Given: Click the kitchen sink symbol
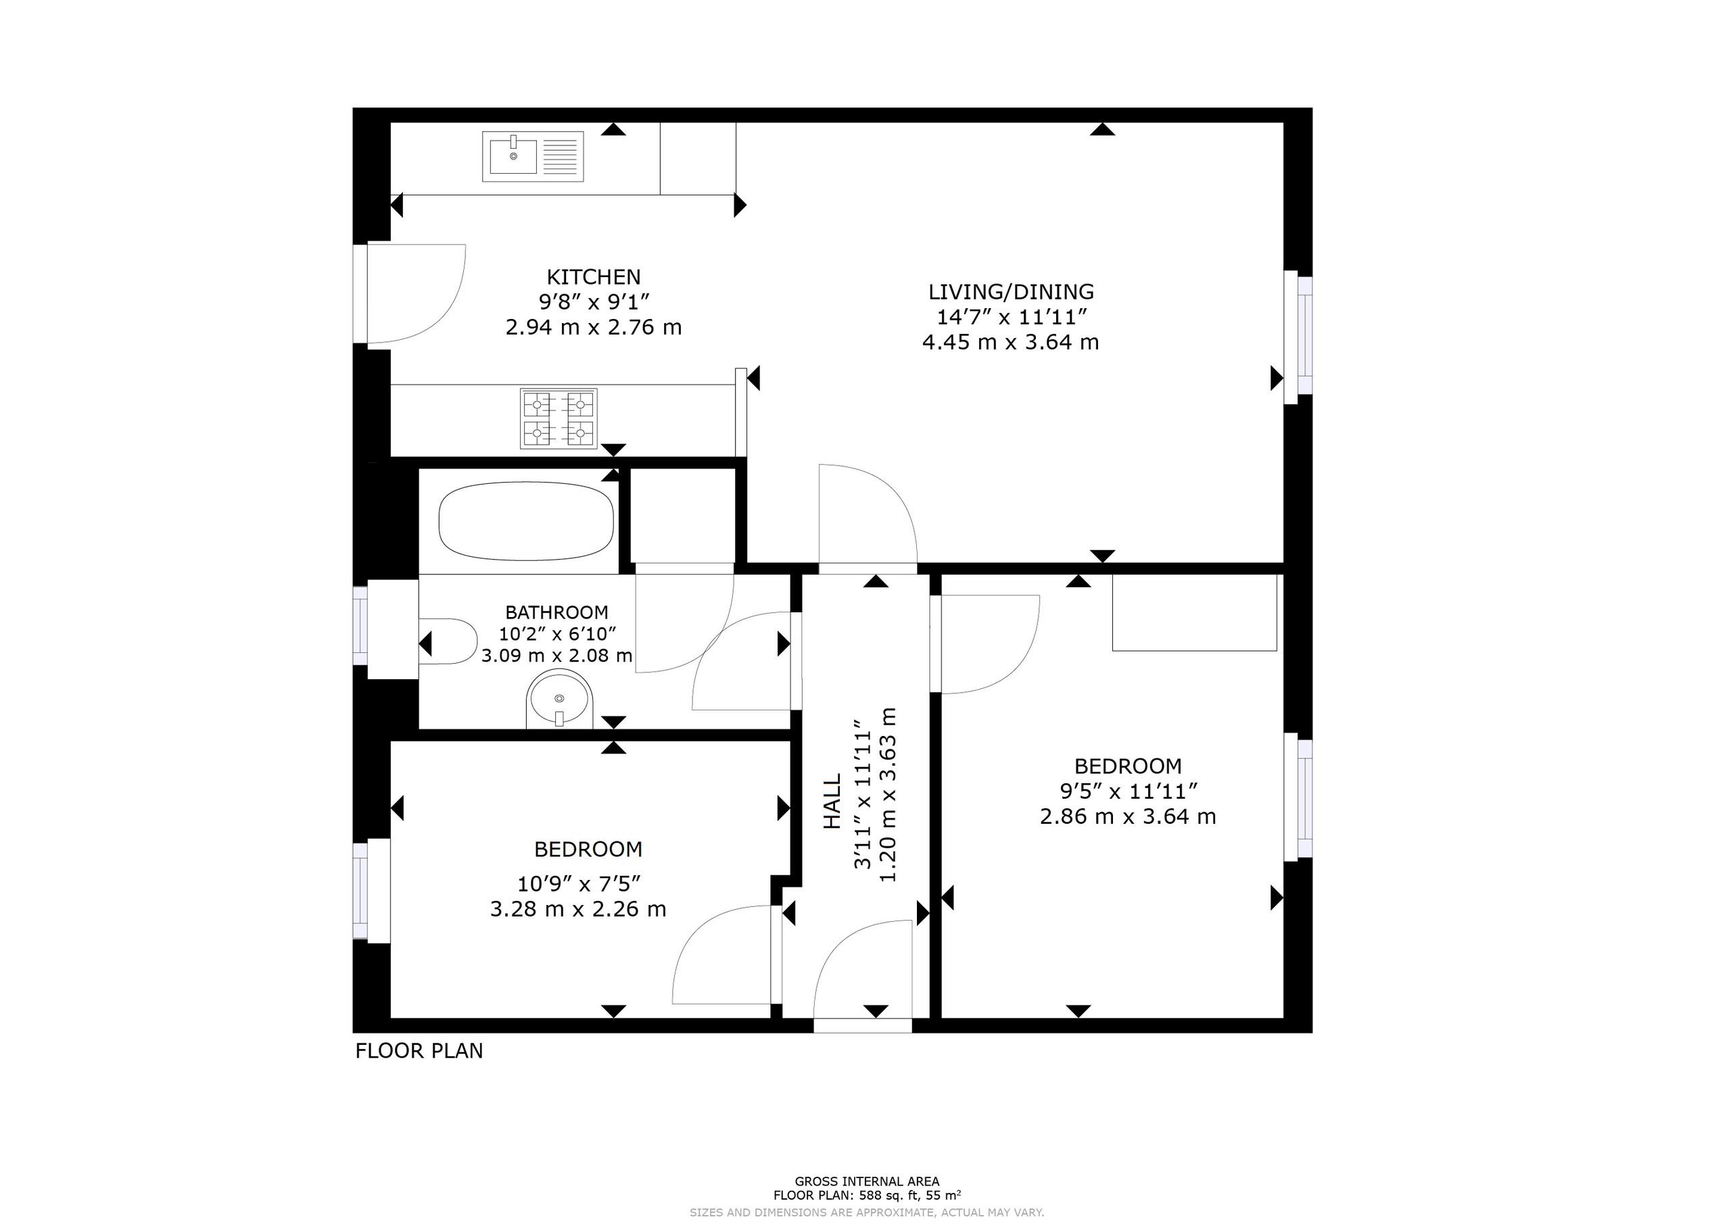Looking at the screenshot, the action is point(533,157).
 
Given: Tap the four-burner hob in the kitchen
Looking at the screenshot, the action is point(559,419).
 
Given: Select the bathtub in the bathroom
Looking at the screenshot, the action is point(526,521).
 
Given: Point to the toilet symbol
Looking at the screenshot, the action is point(448,641).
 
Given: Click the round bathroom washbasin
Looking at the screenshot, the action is point(559,699).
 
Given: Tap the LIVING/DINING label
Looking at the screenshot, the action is point(1011,292).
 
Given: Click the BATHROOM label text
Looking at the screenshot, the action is point(556,612).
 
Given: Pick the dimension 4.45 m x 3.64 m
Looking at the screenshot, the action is point(1011,342).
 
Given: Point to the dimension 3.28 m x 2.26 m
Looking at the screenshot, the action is point(578,909).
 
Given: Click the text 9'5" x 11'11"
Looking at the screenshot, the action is point(1129,791).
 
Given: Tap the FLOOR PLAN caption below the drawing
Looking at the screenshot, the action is point(419,1051).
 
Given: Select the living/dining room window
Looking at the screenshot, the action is point(1299,337).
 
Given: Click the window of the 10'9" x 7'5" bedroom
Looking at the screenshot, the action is point(372,890).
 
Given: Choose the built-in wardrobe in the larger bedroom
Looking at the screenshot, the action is point(1195,612).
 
